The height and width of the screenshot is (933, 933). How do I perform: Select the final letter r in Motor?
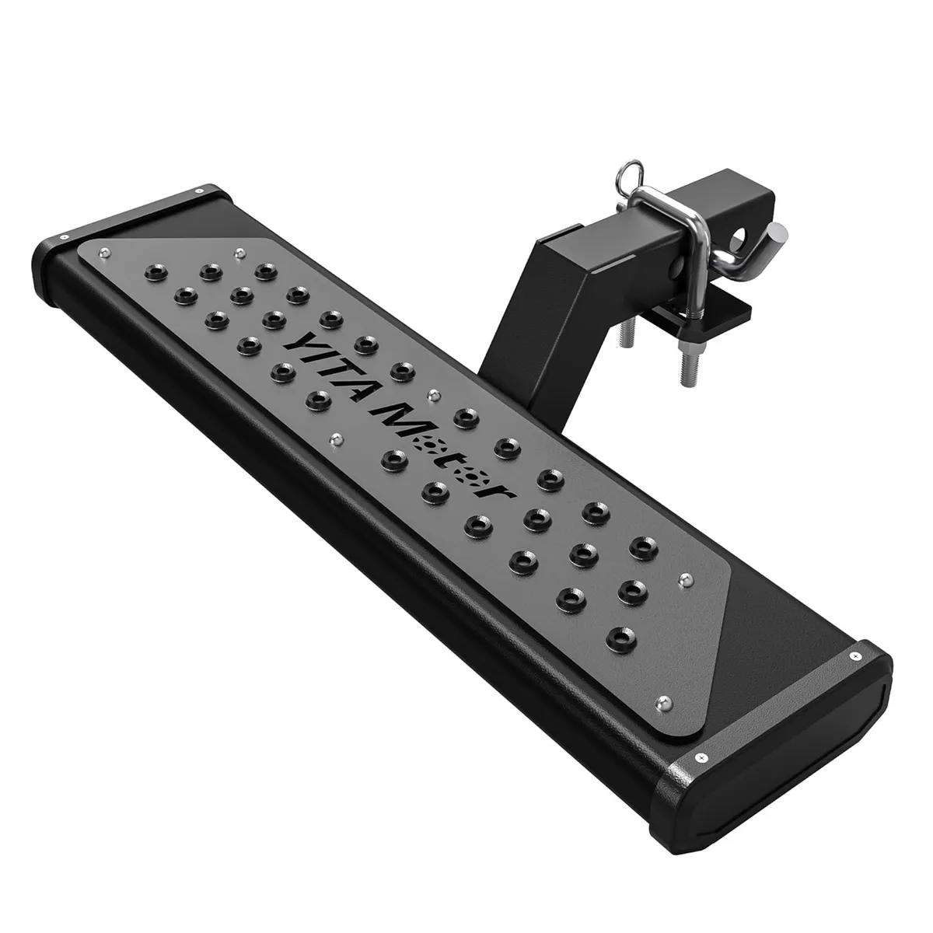coord(494,493)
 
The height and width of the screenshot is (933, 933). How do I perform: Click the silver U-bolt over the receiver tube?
coord(676,233)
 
